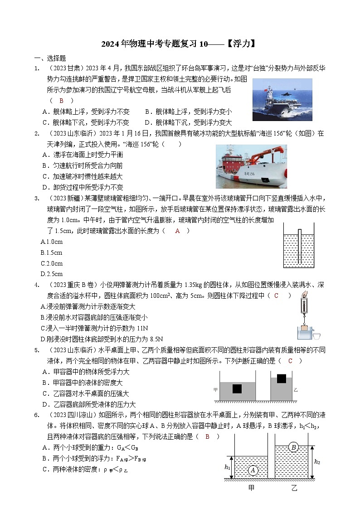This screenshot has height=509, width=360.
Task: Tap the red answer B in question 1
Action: tap(61, 101)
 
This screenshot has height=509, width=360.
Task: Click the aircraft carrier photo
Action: tap(282, 99)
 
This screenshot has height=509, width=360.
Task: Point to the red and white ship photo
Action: tap(251, 166)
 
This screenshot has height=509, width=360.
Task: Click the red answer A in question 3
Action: tap(178, 231)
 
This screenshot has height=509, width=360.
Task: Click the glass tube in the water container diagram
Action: tap(300, 245)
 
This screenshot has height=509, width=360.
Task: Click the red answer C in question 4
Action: tap(276, 296)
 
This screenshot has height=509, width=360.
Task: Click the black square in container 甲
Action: tap(237, 388)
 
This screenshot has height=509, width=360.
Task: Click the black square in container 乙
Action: tap(282, 378)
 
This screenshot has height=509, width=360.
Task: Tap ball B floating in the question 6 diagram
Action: tap(293, 447)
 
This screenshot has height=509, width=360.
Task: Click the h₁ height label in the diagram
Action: tap(228, 467)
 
